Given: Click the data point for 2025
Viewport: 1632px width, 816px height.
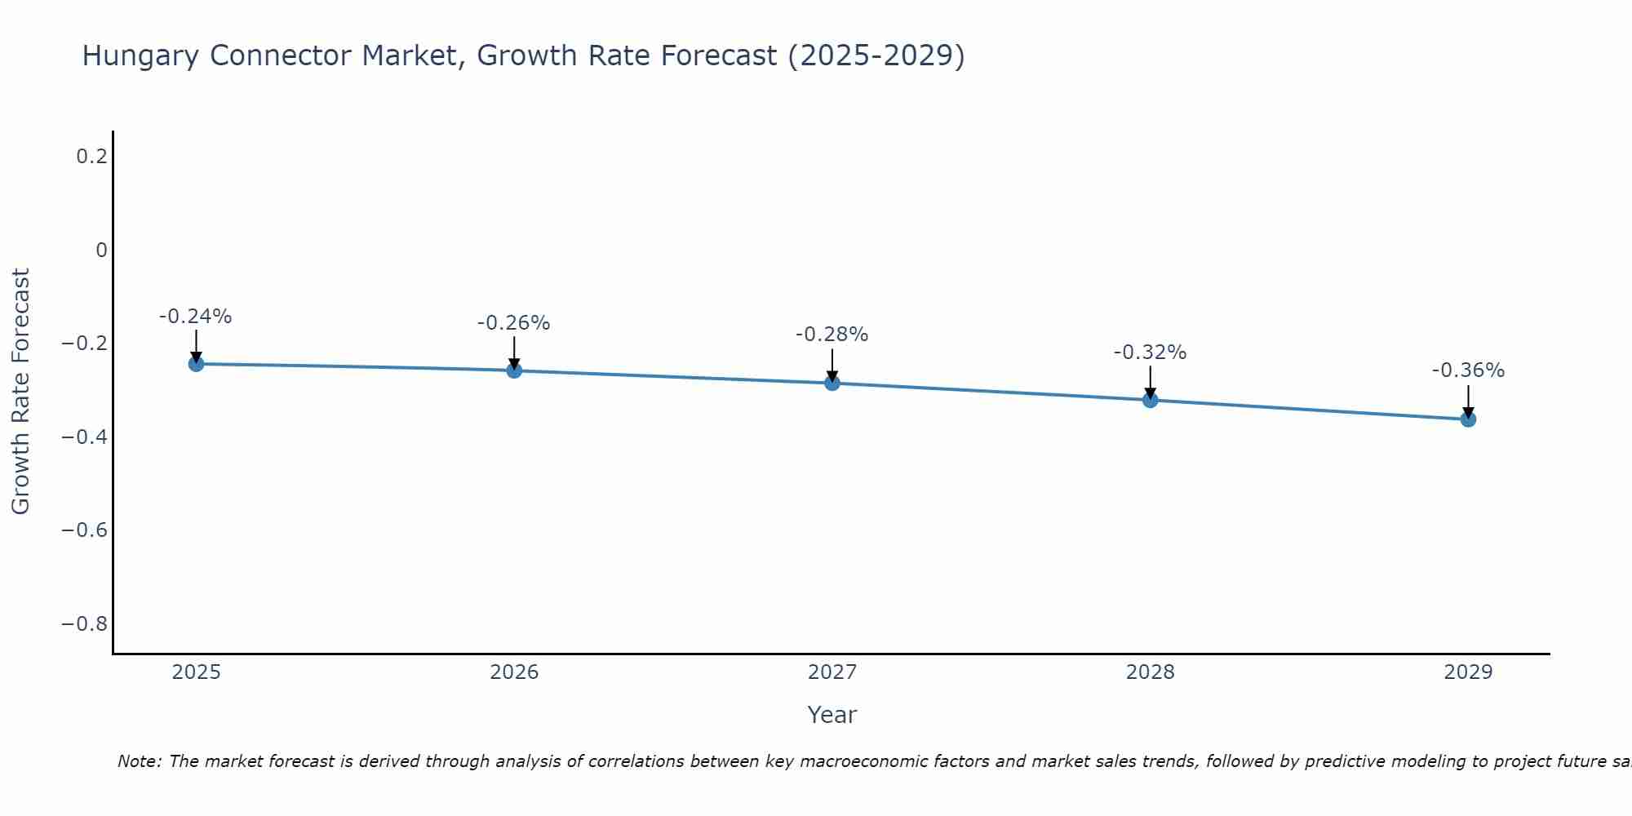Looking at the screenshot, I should coord(196,363).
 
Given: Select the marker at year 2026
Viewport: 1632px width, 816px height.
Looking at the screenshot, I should coord(514,370).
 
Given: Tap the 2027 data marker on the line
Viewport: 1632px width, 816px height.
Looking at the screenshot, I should coord(832,383).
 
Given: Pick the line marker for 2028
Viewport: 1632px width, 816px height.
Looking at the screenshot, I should coord(1150,400).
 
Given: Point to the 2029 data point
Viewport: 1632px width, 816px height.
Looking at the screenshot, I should coord(1468,419).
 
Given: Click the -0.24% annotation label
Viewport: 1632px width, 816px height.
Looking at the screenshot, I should coord(196,317).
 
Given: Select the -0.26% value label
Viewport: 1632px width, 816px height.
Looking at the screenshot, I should coord(514,323).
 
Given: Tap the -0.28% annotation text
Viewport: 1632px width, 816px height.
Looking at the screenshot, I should coord(832,335).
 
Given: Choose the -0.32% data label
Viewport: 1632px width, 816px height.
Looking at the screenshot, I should coord(1150,353).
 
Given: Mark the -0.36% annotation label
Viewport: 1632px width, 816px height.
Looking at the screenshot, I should coord(1468,370).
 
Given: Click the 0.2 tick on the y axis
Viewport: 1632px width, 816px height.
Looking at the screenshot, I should coord(91,156).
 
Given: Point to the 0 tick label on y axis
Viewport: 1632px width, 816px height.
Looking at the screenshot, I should coord(101,250).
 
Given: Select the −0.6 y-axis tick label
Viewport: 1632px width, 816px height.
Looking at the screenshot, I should coord(85,530).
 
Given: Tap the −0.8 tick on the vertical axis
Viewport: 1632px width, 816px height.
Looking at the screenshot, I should coord(85,624).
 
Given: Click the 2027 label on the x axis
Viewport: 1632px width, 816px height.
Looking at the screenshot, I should coord(832,672).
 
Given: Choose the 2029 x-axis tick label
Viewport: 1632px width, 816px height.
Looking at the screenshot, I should coord(1468,672).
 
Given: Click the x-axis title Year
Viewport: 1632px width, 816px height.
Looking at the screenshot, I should coord(832,715).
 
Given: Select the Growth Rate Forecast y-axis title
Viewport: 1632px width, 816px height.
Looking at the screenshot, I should coord(21,392).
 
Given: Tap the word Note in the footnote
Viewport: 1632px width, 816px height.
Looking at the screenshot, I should coord(139,761).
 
